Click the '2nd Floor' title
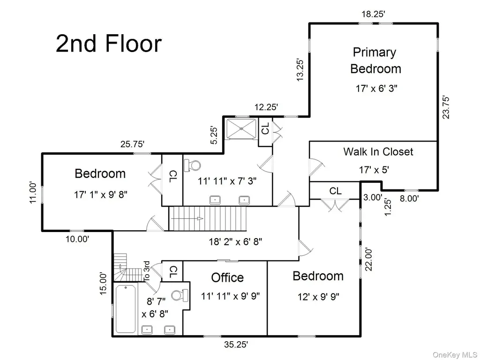click(109, 44)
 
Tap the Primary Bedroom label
click(375, 60)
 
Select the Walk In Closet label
click(378, 151)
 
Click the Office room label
click(227, 277)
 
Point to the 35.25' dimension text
click(236, 345)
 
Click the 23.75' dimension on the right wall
click(446, 107)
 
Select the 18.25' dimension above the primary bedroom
click(373, 14)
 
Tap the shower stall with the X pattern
click(241, 129)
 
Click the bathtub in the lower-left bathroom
click(126, 309)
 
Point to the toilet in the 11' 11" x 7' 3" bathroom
click(192, 166)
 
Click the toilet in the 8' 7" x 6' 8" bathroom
click(180, 295)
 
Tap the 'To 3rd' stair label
click(147, 271)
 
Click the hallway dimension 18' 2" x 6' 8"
click(235, 242)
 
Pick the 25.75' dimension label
click(132, 144)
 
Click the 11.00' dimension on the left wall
click(33, 193)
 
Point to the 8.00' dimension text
click(409, 199)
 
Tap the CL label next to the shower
click(265, 128)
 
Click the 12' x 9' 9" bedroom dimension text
click(318, 297)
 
